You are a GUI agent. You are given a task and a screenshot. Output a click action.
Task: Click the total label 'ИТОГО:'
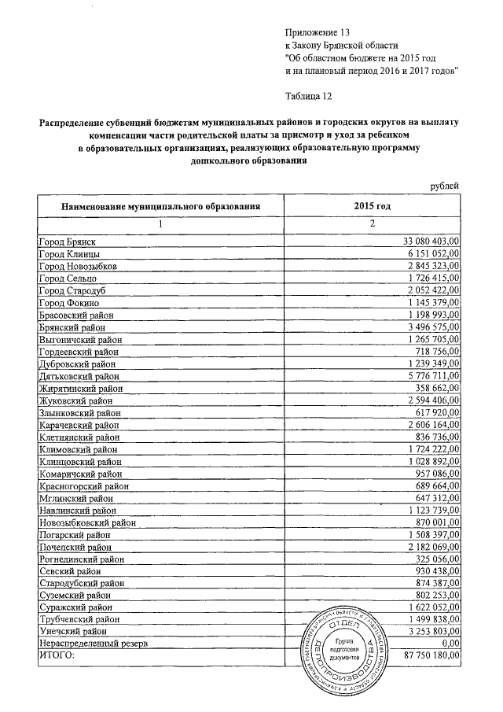[56, 655]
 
